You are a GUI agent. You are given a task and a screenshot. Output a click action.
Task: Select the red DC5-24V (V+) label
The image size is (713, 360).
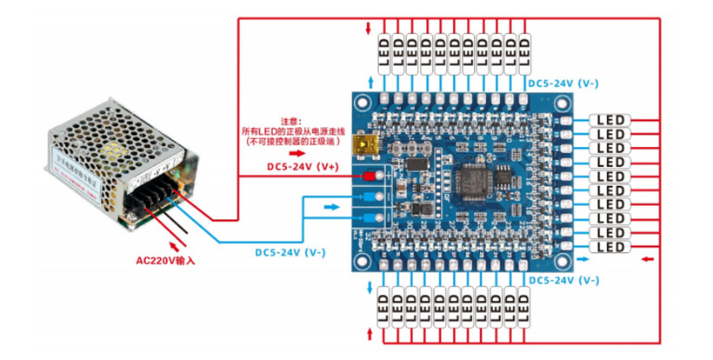click(x=302, y=164)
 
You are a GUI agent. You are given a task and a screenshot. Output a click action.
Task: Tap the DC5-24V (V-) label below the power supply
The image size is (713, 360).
click(x=290, y=252)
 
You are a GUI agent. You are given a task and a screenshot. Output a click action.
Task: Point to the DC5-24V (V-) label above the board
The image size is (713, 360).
click(x=563, y=83)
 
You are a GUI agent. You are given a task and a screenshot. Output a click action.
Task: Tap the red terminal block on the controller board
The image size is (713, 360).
click(x=369, y=177)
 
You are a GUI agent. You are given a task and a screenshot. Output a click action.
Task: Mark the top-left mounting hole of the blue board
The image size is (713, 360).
click(x=361, y=103)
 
